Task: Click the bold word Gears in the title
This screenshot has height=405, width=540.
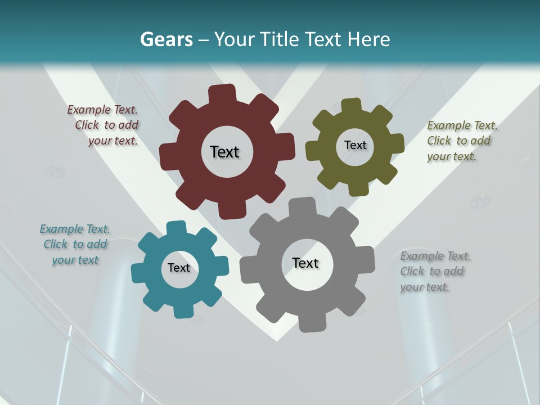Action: tap(166, 39)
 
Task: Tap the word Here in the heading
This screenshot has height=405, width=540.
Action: tap(368, 39)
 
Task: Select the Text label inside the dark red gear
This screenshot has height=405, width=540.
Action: tap(224, 152)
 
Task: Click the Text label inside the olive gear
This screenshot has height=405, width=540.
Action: tap(355, 145)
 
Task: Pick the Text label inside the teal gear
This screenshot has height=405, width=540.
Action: tap(179, 268)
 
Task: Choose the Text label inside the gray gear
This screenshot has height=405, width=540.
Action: tap(305, 263)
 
